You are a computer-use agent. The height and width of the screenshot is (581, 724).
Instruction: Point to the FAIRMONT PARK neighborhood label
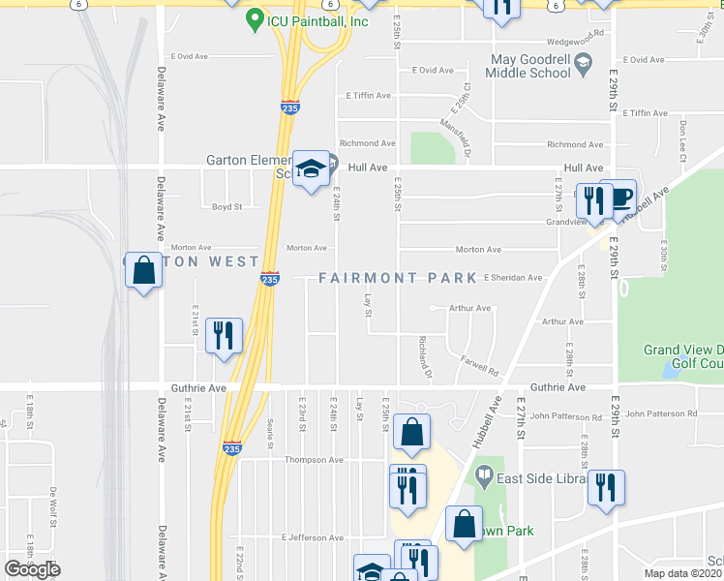tap(398, 278)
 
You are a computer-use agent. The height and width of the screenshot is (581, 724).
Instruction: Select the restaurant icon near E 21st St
tap(224, 335)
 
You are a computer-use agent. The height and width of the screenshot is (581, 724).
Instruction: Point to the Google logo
tap(32, 569)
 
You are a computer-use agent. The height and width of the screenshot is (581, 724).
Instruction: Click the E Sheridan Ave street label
tap(513, 278)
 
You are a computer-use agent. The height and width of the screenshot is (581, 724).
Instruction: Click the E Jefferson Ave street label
tap(312, 536)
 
